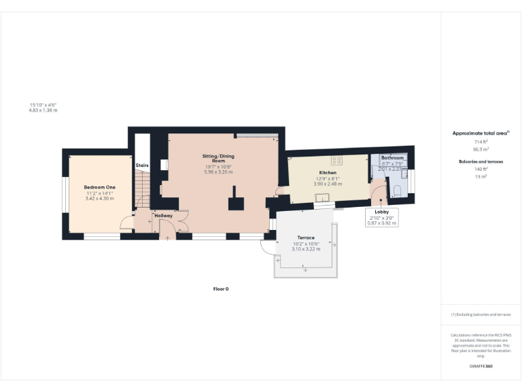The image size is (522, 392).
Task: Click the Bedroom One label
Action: pos(99,187)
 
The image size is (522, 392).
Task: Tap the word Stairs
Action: pos(142,165)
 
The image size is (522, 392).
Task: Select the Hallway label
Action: pos(163,216)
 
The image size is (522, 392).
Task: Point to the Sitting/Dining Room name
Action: pos(218,159)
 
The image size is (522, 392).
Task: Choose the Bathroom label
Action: pos(391,158)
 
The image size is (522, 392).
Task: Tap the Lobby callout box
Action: pos(381,216)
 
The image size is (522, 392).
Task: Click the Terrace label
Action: pos(305,238)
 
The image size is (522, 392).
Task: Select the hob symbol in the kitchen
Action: pos(336,161)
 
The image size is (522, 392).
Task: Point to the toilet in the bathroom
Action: pos(396,190)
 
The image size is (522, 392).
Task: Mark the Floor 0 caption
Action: pos(221,289)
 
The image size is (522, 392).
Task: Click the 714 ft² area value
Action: pos(481,142)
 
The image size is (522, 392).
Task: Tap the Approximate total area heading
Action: pos(481,133)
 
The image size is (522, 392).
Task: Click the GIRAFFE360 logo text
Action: pos(481,366)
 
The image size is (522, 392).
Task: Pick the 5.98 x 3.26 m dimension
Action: pos(218,171)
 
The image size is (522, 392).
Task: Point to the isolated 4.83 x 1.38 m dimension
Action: pos(43,110)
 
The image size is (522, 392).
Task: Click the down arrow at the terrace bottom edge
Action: pos(305,270)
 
